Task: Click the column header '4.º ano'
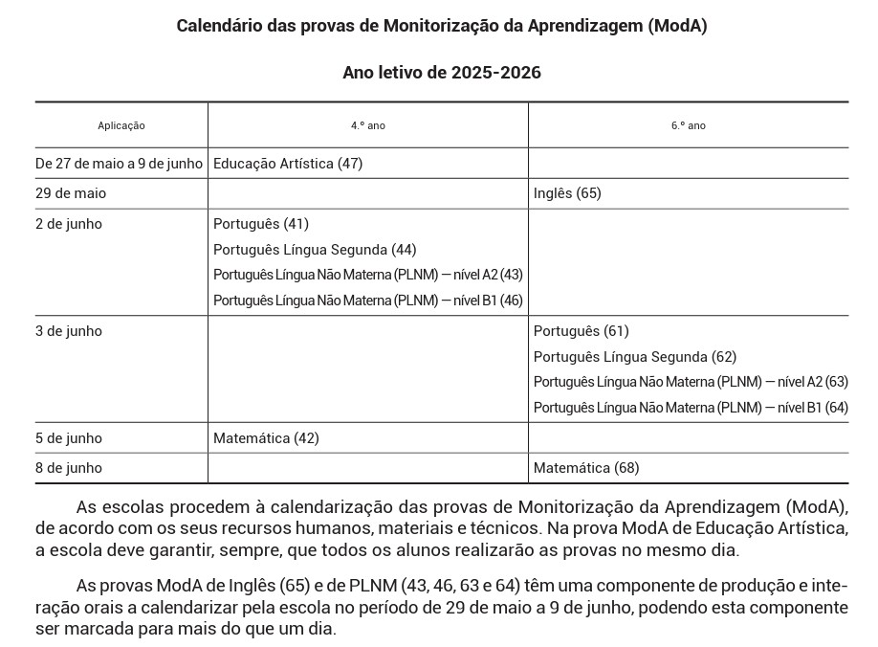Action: coord(367,125)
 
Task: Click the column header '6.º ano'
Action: coord(688,125)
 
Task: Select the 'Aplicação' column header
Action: coord(121,125)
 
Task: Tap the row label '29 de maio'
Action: coord(71,193)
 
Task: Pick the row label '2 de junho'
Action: coord(69,224)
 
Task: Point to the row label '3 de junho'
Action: coord(69,331)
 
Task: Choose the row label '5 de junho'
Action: coord(69,438)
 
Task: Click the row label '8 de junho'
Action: coord(69,468)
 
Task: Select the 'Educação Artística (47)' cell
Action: coord(288,164)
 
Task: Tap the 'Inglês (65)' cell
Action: coord(567,193)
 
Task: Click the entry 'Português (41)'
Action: coord(261,224)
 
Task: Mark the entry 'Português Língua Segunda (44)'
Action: coord(315,250)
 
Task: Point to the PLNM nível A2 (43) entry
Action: coord(367,275)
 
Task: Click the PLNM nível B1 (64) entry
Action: coord(691,408)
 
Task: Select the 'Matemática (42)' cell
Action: coord(266,438)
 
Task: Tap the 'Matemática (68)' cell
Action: coord(586,468)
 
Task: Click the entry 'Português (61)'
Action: coord(582,331)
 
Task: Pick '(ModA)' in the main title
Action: coord(677,26)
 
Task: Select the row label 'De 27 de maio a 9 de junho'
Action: coord(120,164)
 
